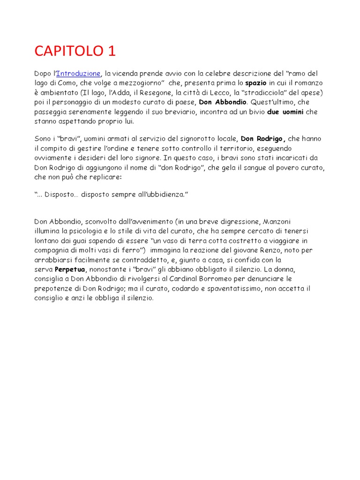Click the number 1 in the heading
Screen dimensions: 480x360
pyautogui.click(x=111, y=51)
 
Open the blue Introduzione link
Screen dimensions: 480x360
pyautogui.click(x=78, y=73)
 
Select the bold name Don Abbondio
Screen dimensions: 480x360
pyautogui.click(x=223, y=102)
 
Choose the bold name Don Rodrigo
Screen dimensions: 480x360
pyautogui.click(x=263, y=139)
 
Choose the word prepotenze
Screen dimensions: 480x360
pyautogui.click(x=54, y=288)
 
